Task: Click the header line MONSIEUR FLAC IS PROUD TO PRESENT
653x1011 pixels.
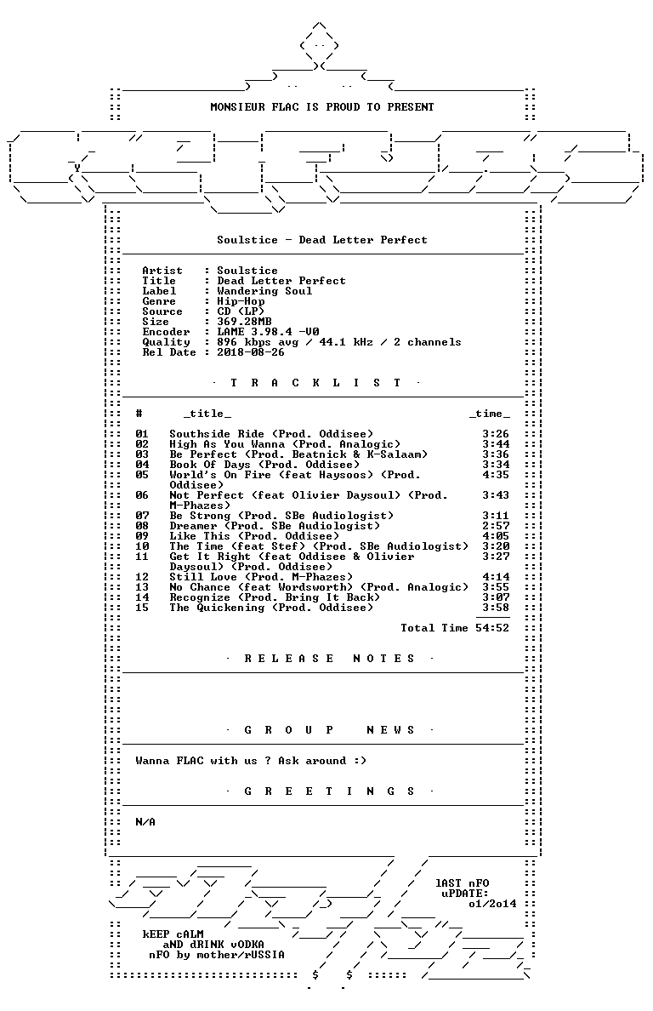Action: point(322,107)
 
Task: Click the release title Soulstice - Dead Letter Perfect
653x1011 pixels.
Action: point(322,240)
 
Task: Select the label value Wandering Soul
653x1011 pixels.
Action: point(264,291)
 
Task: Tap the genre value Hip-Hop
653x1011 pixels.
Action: point(241,301)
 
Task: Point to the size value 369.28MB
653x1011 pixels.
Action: point(244,322)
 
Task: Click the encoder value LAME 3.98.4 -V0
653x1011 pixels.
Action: point(268,332)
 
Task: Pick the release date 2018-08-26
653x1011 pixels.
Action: point(251,352)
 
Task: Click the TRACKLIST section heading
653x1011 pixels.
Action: point(315,383)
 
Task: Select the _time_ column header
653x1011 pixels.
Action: point(490,414)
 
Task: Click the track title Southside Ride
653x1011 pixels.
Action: point(217,434)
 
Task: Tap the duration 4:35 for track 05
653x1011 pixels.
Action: point(496,475)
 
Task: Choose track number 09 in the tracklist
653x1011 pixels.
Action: point(142,536)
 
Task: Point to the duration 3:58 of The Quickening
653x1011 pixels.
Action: point(496,608)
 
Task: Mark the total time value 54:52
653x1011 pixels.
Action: point(492,628)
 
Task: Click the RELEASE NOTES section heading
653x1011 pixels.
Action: point(329,659)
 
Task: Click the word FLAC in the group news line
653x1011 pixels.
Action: point(190,761)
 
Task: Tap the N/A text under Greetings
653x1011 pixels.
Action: point(145,822)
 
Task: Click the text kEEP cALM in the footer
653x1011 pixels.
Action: point(173,934)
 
